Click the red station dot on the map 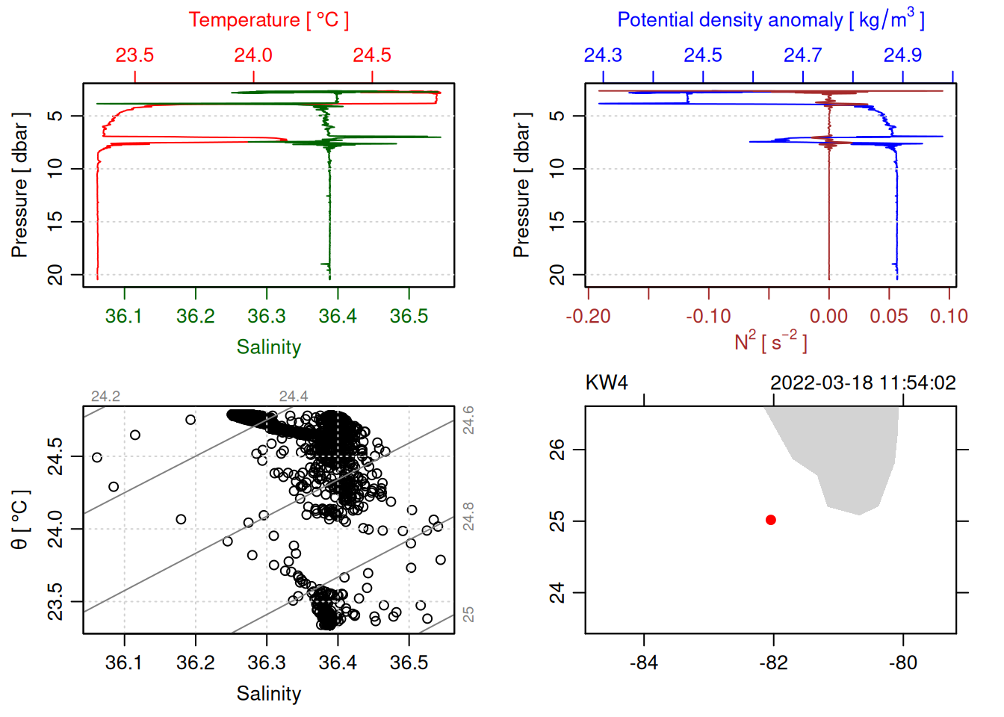[x=771, y=520]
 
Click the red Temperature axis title [x=268, y=20]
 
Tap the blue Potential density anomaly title [x=770, y=19]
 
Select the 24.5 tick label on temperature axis [x=372, y=55]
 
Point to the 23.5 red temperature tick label [x=134, y=55]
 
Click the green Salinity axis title [x=268, y=347]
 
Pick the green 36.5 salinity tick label [x=409, y=317]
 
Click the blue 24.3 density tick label [x=603, y=55]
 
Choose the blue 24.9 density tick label [x=902, y=55]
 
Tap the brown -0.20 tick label [x=588, y=317]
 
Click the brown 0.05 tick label [x=888, y=317]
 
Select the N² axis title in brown [x=770, y=342]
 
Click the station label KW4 [x=607, y=383]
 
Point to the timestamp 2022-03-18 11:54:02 [x=863, y=383]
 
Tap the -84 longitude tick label [x=643, y=663]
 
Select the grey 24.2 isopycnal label [x=105, y=397]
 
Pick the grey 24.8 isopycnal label [x=468, y=516]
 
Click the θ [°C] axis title [x=19, y=520]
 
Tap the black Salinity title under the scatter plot [x=268, y=694]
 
